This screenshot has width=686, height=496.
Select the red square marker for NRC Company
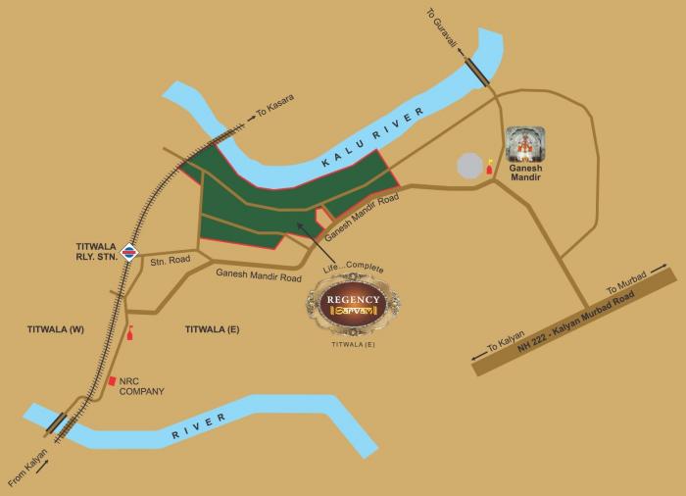(113, 379)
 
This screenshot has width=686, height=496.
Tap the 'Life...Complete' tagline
(353, 267)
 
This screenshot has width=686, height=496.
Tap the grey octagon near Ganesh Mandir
(471, 166)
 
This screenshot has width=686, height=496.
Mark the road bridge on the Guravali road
(477, 72)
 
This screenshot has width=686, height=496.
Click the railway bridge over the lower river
(56, 424)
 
